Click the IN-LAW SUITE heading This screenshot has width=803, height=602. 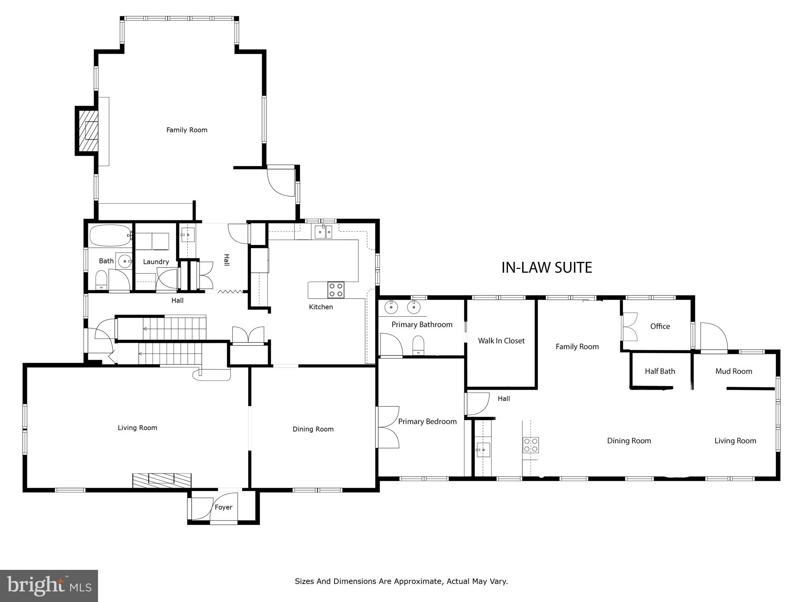pos(547,267)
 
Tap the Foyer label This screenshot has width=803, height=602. pos(223,507)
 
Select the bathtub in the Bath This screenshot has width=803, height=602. pos(110,235)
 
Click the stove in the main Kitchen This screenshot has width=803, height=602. pos(336,290)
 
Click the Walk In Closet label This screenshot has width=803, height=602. pos(501,341)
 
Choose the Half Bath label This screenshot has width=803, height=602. pos(660,371)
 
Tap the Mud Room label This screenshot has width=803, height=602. pos(734,371)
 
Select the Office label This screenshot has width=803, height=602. pos(660,326)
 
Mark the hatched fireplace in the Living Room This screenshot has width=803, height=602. pos(162,480)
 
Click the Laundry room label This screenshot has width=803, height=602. pos(156,262)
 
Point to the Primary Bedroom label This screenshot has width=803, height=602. pos(427,421)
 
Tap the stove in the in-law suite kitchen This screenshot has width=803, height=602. pos(530,445)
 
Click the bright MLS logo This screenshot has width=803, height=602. pos(49,586)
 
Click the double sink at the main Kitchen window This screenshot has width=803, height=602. pos(323,232)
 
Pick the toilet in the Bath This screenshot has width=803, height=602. pos(102,280)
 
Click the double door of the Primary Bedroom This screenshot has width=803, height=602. pos(387,427)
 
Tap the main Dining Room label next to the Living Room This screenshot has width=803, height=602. pos(313,429)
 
